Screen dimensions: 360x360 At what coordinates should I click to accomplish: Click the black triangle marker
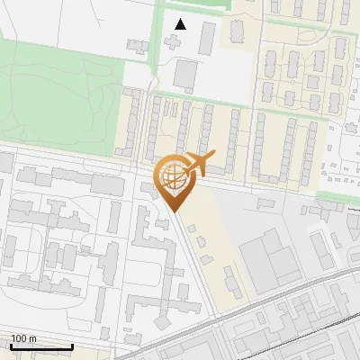[182, 23]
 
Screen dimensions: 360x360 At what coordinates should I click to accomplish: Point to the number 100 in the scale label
[20, 338]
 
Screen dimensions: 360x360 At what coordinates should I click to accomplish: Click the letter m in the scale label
[33, 338]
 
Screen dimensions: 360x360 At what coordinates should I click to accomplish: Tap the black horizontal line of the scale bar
[41, 346]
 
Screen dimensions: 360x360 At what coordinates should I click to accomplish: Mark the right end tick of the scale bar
[72, 345]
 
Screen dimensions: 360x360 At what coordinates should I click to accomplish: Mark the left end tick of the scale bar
[11, 345]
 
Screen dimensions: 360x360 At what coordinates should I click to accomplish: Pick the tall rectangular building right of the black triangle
[208, 37]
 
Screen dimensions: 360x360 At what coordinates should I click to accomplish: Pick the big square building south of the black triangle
[184, 74]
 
